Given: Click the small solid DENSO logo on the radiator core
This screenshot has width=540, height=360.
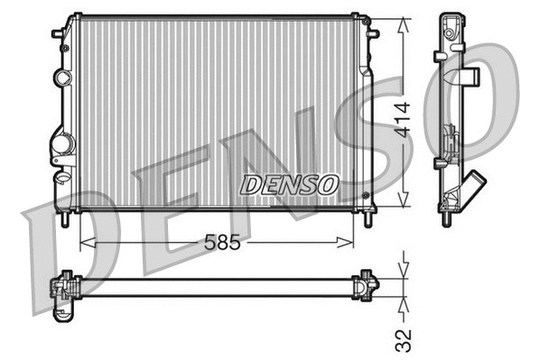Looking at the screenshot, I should click(x=289, y=184).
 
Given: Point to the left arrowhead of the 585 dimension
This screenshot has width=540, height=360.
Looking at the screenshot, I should click(x=85, y=242).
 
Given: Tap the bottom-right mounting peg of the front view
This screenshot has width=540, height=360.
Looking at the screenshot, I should click(x=369, y=218).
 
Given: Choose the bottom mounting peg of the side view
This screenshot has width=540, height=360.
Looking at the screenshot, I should click(x=449, y=217).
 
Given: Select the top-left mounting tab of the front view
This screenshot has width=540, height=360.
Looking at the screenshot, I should click(x=58, y=33).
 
